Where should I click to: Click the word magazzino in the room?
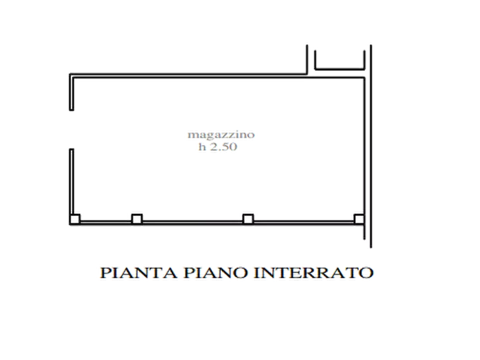221,135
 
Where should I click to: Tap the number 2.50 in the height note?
224,147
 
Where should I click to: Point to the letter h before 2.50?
202,147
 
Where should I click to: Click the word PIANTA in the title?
139,273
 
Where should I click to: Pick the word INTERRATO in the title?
314,273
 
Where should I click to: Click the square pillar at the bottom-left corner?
75,219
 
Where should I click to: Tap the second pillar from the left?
137,219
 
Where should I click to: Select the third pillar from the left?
248,219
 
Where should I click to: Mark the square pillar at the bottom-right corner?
359,219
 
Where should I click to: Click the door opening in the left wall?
71,129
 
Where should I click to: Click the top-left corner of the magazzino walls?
70,74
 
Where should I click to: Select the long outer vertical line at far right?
371,146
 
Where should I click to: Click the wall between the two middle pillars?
192,222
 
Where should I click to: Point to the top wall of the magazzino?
217,76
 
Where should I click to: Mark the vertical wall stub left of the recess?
307,60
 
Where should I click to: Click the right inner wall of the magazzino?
364,146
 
